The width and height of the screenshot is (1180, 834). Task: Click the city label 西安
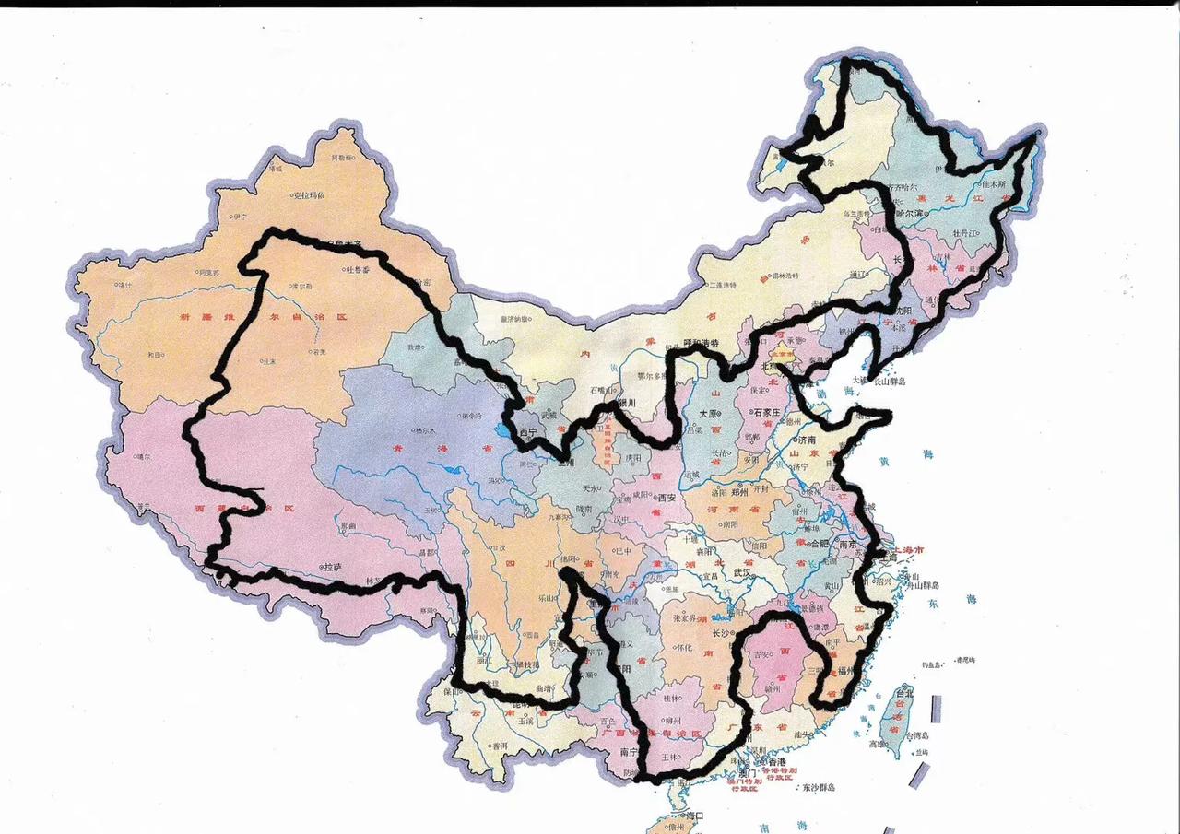(665, 499)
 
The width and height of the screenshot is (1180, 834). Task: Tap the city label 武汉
(743, 573)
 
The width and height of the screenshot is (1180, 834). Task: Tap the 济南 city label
(808, 440)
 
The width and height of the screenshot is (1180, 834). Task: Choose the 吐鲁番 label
(357, 269)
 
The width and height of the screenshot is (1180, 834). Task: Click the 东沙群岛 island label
(818, 787)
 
